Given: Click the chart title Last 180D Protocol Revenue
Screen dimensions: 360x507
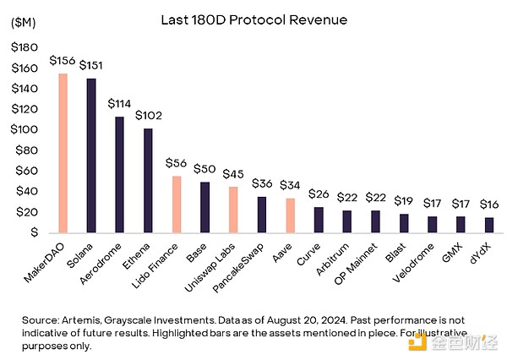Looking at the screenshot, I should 253,19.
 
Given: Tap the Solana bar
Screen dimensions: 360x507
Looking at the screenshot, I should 90,155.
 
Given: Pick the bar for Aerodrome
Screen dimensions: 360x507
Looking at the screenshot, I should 119,174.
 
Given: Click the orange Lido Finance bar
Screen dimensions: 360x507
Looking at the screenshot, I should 176,204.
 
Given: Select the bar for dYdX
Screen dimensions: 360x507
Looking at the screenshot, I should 488,224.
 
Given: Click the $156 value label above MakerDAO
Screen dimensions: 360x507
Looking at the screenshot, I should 61,61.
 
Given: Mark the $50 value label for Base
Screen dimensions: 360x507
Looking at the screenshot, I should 204,169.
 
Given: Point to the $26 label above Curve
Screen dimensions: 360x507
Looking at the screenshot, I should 318,194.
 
